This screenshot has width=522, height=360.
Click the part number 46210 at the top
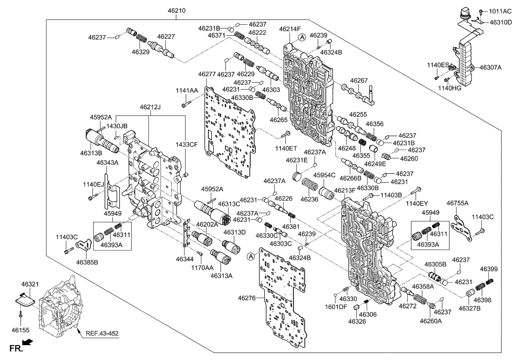(177, 11)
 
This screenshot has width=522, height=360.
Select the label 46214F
(290, 29)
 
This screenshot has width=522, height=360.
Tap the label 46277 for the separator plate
(207, 74)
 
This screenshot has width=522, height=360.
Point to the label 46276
(247, 298)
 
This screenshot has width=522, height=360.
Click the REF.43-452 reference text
(102, 333)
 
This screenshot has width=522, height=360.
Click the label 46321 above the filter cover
(30, 284)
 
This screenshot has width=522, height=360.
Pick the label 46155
(20, 330)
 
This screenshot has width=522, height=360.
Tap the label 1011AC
(500, 11)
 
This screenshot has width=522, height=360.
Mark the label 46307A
(490, 68)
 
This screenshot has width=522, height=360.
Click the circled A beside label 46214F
(302, 38)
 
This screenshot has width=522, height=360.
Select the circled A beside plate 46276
(251, 256)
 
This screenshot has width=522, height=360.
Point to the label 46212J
(150, 107)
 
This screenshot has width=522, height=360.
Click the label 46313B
(91, 153)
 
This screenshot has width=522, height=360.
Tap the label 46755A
(457, 203)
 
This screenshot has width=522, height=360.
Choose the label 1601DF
(336, 307)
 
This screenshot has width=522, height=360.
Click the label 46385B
(87, 262)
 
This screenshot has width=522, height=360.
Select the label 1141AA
(187, 91)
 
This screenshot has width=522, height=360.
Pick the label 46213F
(345, 191)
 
